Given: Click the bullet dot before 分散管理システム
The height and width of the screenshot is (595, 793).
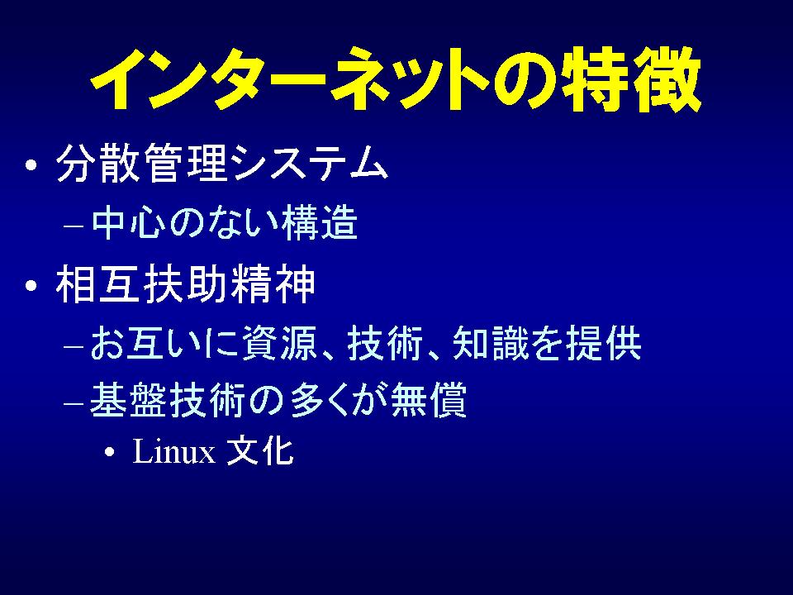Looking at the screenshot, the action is [31, 165].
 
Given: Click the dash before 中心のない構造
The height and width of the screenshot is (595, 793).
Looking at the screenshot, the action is [74, 226].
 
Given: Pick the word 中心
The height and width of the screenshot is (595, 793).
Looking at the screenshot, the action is [129, 222].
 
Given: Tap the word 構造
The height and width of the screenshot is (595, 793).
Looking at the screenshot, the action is [321, 222].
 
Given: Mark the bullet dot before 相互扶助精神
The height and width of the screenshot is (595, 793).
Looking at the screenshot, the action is [31, 286].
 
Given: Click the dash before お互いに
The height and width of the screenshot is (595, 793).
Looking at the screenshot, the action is [74, 347].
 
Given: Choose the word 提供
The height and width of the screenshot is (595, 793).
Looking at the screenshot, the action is [604, 343].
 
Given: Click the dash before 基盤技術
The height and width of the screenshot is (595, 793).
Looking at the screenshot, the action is [74, 403].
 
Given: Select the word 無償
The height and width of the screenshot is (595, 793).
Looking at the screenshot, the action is [429, 400].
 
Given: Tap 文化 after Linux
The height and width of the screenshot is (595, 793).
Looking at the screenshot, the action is [260, 450].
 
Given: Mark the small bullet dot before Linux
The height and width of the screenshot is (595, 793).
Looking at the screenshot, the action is [110, 452].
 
